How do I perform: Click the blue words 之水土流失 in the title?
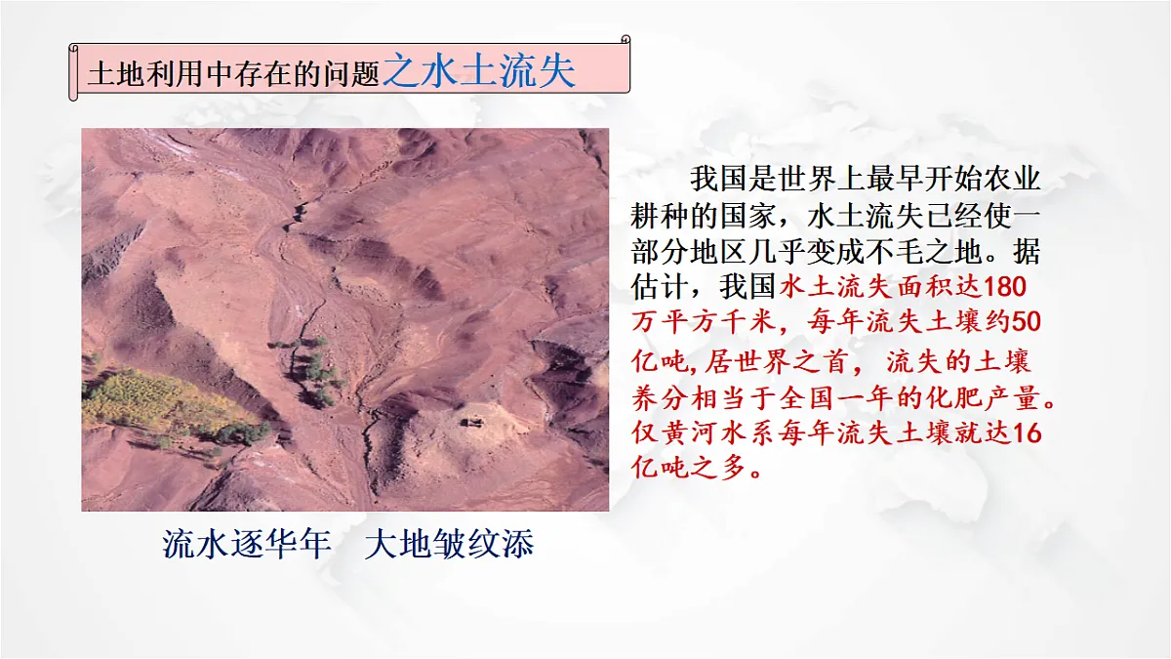tap(479, 71)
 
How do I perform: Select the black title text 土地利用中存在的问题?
tap(233, 75)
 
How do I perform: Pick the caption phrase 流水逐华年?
tap(247, 545)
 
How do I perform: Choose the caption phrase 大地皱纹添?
tap(449, 545)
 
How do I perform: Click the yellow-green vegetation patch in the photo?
tap(156, 400)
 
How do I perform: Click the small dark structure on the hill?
tap(473, 421)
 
